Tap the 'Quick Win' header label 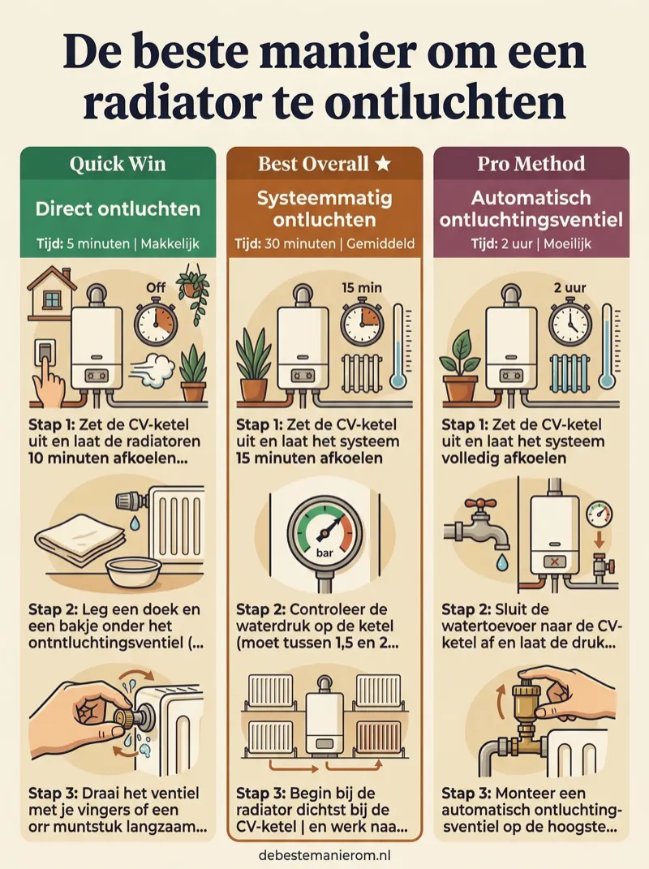[x=118, y=164]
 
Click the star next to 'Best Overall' [x=383, y=164]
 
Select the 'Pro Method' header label [x=531, y=164]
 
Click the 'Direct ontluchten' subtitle [x=118, y=209]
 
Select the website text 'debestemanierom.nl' [x=324, y=854]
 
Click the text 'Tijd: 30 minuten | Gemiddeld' [x=324, y=243]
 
